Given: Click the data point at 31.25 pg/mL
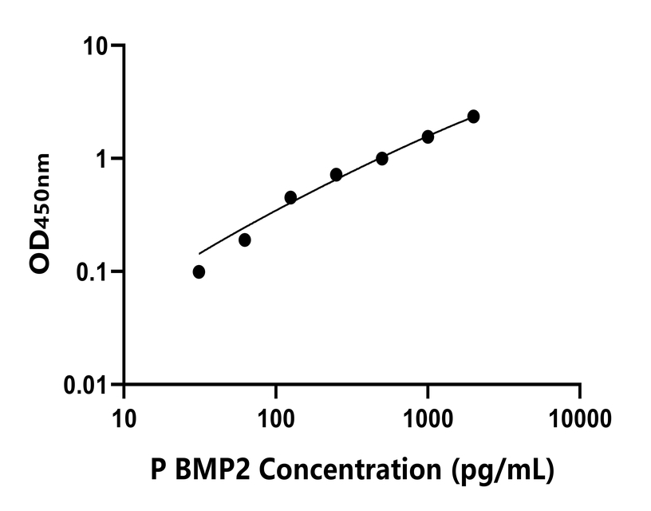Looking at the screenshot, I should (x=199, y=272).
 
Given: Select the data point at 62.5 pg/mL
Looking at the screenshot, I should (x=245, y=240).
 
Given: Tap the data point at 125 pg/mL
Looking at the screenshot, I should (x=290, y=197).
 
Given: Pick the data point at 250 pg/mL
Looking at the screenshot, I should (x=336, y=174).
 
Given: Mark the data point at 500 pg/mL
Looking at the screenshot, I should (x=382, y=158).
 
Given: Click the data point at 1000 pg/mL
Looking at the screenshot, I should (x=428, y=137).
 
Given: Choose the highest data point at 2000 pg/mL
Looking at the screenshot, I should (x=474, y=117).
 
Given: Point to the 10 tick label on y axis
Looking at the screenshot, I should (x=96, y=46).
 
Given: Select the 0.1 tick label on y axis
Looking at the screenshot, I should (x=92, y=272).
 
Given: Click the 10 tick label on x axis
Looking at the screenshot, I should (x=124, y=417).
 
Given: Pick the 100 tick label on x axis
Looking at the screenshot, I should (x=276, y=417).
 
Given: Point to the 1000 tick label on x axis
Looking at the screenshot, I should (x=428, y=417).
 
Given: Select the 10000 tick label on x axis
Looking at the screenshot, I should (x=580, y=417).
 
